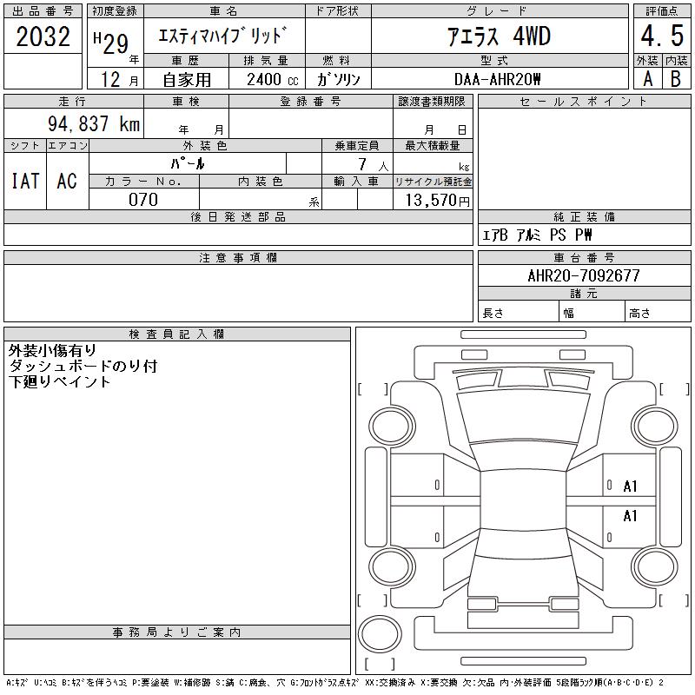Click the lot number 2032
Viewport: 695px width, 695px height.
coord(43,36)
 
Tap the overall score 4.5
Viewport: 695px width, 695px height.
coord(662,36)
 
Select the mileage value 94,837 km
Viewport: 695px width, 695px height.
coord(94,123)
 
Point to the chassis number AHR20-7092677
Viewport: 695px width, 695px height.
coord(584,275)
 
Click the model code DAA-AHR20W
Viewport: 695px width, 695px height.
coord(497,79)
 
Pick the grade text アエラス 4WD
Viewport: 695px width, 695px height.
coord(499,36)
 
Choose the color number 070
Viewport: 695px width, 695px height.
coord(143,200)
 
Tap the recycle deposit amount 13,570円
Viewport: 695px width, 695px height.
coord(437,201)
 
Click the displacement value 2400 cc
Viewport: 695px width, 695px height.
coord(273,80)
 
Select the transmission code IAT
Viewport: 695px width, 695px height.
coord(25,182)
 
